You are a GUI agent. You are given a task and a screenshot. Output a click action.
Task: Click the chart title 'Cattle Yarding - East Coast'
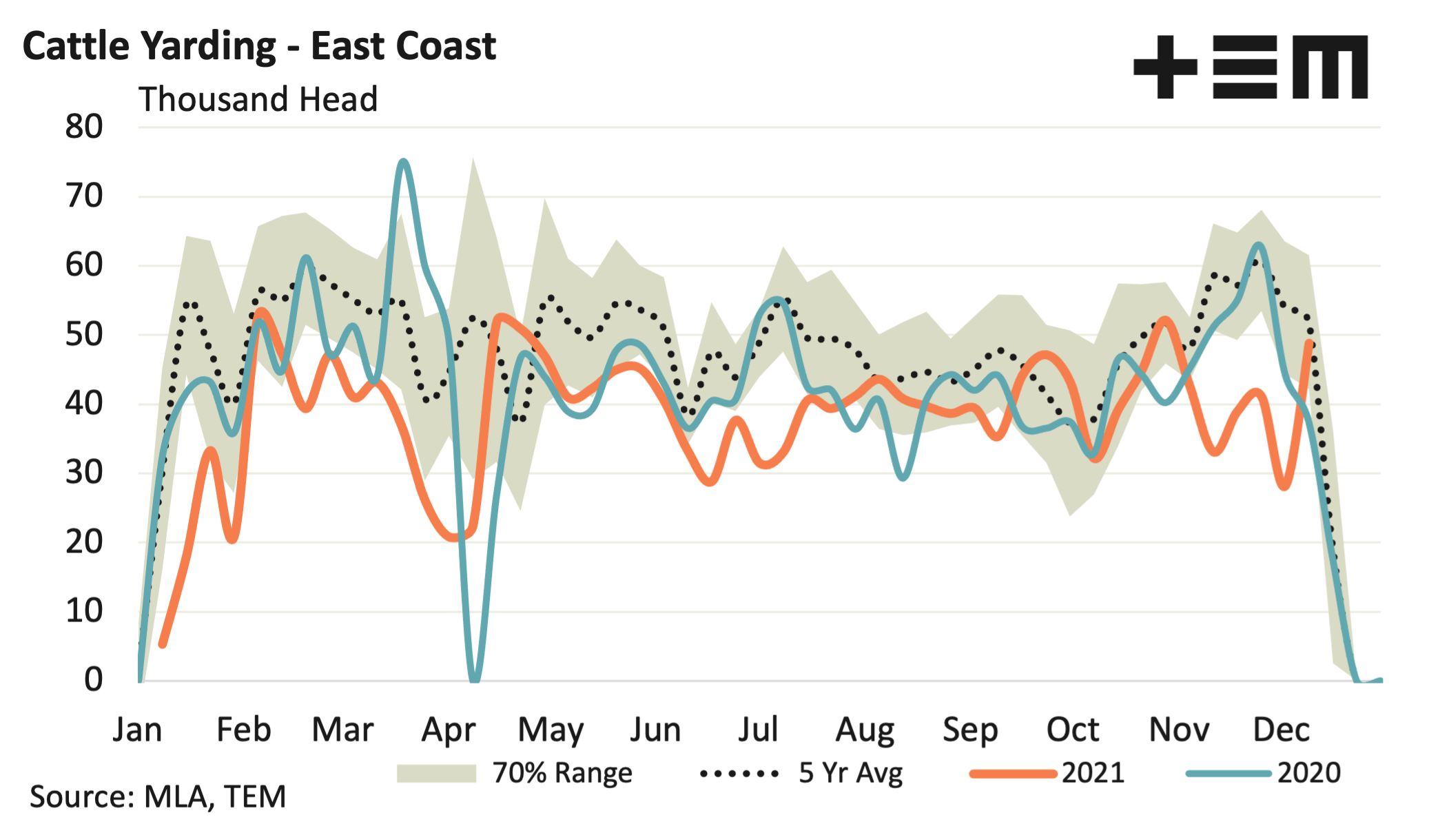point(259,47)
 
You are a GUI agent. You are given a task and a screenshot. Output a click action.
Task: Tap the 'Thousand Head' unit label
point(258,99)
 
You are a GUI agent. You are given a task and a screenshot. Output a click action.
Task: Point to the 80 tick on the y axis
point(84,127)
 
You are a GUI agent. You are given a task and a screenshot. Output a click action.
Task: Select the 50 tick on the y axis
point(84,335)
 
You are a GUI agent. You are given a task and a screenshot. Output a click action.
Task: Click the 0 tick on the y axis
point(94,680)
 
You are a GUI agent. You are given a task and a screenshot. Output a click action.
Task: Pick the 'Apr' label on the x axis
point(449,730)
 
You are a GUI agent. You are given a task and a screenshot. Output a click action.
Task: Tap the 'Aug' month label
point(865,730)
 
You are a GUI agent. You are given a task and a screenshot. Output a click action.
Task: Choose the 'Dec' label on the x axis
point(1281,730)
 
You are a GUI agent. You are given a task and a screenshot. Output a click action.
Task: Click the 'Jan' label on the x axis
point(138,730)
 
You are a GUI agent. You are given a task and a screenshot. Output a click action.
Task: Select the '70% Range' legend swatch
point(436,774)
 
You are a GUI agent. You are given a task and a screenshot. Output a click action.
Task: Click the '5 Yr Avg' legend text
point(850,774)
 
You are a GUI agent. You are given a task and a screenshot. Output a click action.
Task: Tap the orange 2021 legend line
point(1013,774)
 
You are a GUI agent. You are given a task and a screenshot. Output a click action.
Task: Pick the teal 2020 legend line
point(1228,774)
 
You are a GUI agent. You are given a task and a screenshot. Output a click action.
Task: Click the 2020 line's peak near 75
point(404,162)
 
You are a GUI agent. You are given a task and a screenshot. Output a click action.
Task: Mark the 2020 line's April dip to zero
point(475,679)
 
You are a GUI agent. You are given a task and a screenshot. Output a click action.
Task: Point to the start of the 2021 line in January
point(163,644)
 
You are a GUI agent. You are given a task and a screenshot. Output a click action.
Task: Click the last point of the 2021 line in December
point(1309,342)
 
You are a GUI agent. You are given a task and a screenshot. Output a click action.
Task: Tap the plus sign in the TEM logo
point(1165,67)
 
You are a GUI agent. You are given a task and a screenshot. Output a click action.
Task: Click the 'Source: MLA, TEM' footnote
point(158,797)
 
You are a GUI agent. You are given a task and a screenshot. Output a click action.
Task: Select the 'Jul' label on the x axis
point(758,730)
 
